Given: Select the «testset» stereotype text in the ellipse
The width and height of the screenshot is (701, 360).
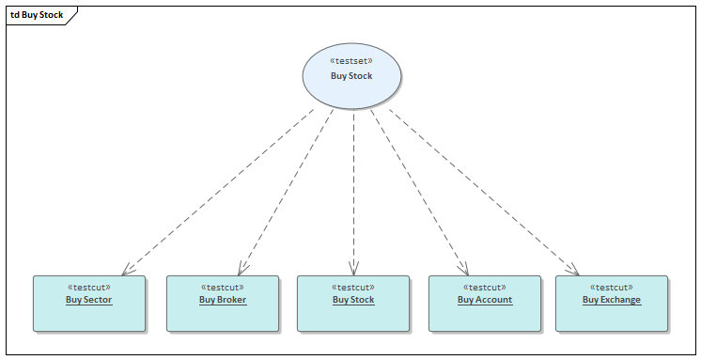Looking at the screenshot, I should point(352,61).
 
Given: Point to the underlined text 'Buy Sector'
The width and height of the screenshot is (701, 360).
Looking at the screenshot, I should point(89,300).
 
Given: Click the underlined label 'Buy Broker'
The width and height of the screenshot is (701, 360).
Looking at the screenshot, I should point(223,300).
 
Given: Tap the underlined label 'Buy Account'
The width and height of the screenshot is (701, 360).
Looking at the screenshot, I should point(485,300).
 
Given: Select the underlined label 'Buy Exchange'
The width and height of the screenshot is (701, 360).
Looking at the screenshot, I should point(612,300).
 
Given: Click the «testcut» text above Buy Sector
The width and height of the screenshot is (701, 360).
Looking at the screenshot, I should point(89,288).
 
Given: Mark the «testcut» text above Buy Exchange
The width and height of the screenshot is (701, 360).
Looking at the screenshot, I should point(612,288).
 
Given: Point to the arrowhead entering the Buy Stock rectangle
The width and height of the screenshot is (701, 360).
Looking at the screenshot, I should point(354,269).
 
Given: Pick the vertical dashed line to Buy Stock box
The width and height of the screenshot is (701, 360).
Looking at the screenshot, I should point(353,188).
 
